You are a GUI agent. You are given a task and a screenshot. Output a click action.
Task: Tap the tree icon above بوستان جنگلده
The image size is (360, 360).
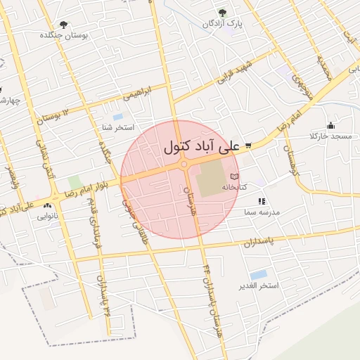click(64, 25)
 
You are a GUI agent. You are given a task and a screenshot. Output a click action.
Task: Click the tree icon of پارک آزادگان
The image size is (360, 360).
click(222, 12)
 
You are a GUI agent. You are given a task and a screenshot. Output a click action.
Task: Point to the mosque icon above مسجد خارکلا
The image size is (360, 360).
click(330, 125)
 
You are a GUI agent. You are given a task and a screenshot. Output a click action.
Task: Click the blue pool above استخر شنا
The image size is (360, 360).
click(117, 116)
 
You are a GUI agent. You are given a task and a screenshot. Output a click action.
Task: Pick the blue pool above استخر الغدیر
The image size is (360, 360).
click(258, 274)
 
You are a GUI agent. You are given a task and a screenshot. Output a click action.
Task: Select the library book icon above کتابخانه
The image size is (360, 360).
click(234, 176)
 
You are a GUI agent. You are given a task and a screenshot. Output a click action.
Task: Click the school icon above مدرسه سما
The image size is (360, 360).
click(261, 201)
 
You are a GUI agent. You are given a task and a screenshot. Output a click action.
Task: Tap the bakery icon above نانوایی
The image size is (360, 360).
click(47, 206)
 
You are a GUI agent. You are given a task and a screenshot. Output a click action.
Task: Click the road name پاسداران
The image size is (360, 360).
click(258, 243)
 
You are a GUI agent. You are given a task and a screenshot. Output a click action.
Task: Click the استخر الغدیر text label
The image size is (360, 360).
click(259, 285)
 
